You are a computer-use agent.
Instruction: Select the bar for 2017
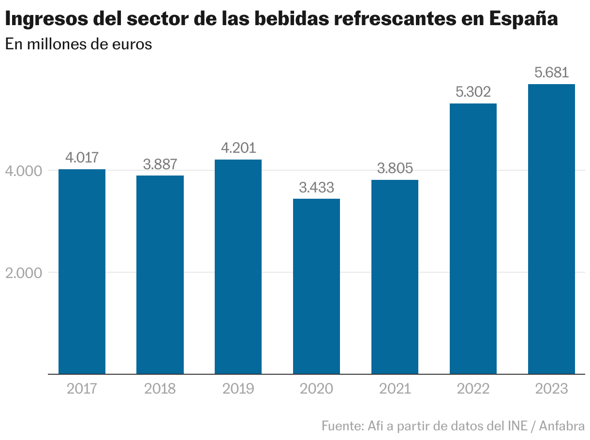click(x=82, y=271)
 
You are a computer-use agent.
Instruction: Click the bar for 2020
click(x=316, y=286)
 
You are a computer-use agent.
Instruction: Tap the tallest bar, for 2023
click(x=551, y=229)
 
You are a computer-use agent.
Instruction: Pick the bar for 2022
click(x=473, y=238)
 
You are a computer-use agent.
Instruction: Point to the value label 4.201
click(x=238, y=148)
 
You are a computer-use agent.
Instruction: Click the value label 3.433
click(x=316, y=188)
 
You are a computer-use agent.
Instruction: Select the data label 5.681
click(x=551, y=73)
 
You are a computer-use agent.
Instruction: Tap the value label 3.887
click(x=160, y=164)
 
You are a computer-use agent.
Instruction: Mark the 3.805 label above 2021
click(x=395, y=168)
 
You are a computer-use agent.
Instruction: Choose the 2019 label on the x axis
click(x=238, y=389)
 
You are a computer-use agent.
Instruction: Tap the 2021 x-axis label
click(x=395, y=389)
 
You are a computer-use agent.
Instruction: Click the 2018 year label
click(x=160, y=389)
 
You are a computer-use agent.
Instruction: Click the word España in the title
click(x=524, y=19)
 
